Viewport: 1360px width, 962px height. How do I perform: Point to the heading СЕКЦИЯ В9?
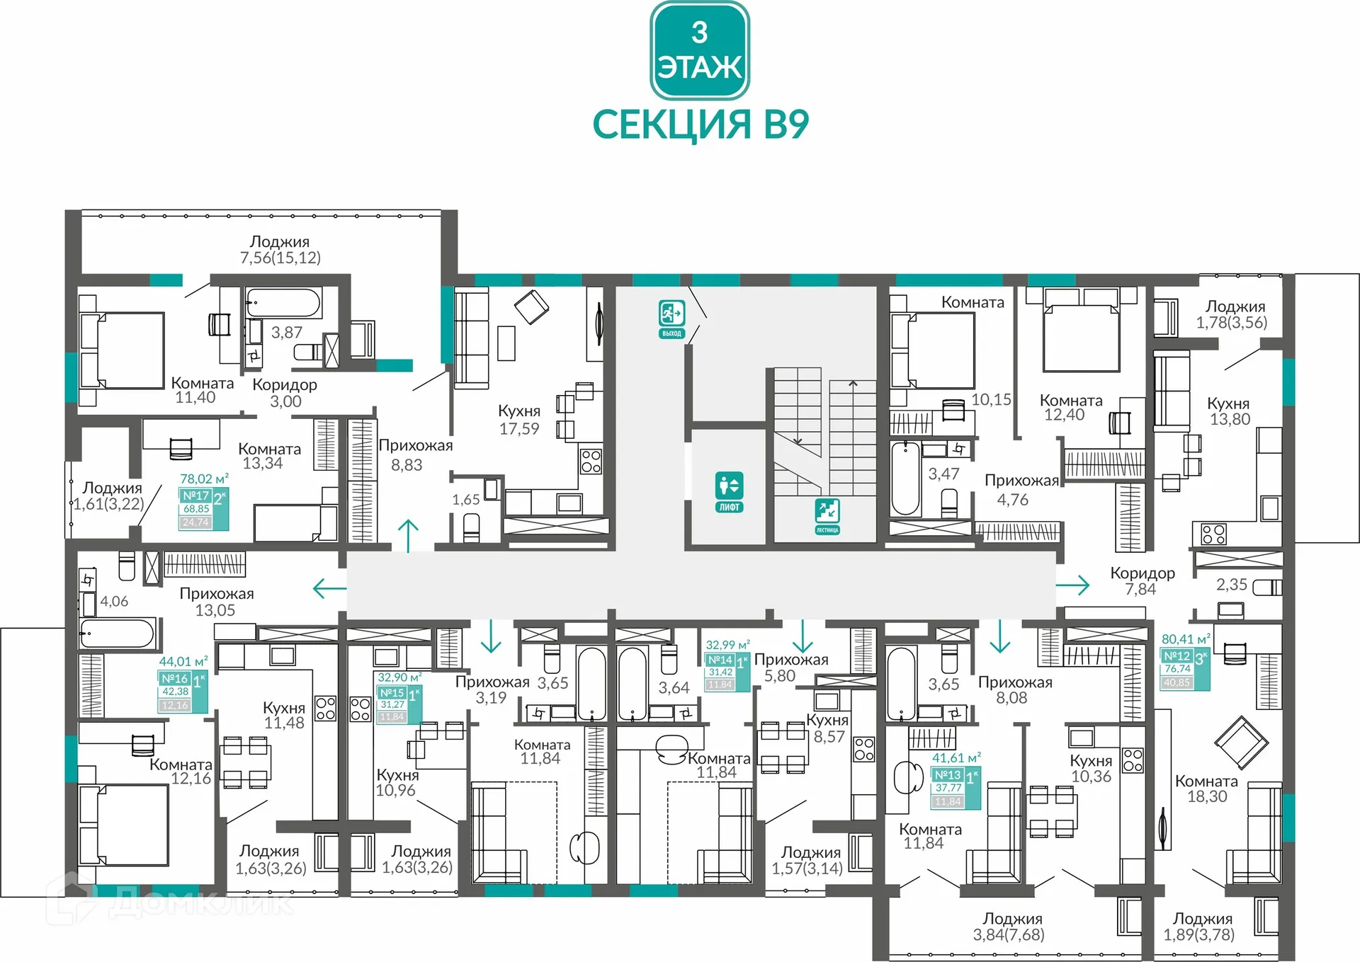pyautogui.click(x=700, y=125)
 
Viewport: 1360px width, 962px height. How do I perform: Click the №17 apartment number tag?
pyautogui.click(x=195, y=496)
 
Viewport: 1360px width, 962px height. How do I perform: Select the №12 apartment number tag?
pyautogui.click(x=1177, y=656)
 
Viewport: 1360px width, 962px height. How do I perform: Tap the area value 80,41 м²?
pyautogui.click(x=1186, y=639)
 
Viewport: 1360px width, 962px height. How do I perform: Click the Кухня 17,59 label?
pyautogui.click(x=518, y=420)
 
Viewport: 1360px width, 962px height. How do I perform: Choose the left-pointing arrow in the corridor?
pyautogui.click(x=329, y=588)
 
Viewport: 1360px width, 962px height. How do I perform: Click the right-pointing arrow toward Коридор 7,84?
pyautogui.click(x=1072, y=585)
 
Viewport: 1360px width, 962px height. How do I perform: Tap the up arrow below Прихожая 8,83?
pyautogui.click(x=408, y=535)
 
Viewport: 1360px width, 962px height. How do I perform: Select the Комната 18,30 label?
pyautogui.click(x=1206, y=789)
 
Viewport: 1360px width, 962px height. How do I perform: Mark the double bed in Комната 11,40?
pyautogui.click(x=122, y=350)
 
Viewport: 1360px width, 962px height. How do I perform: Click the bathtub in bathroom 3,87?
pyautogui.click(x=284, y=303)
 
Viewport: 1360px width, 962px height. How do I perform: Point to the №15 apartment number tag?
pyautogui.click(x=392, y=692)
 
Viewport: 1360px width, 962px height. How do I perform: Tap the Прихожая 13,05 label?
pyautogui.click(x=216, y=602)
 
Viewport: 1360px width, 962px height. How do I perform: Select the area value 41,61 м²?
pyautogui.click(x=956, y=758)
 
